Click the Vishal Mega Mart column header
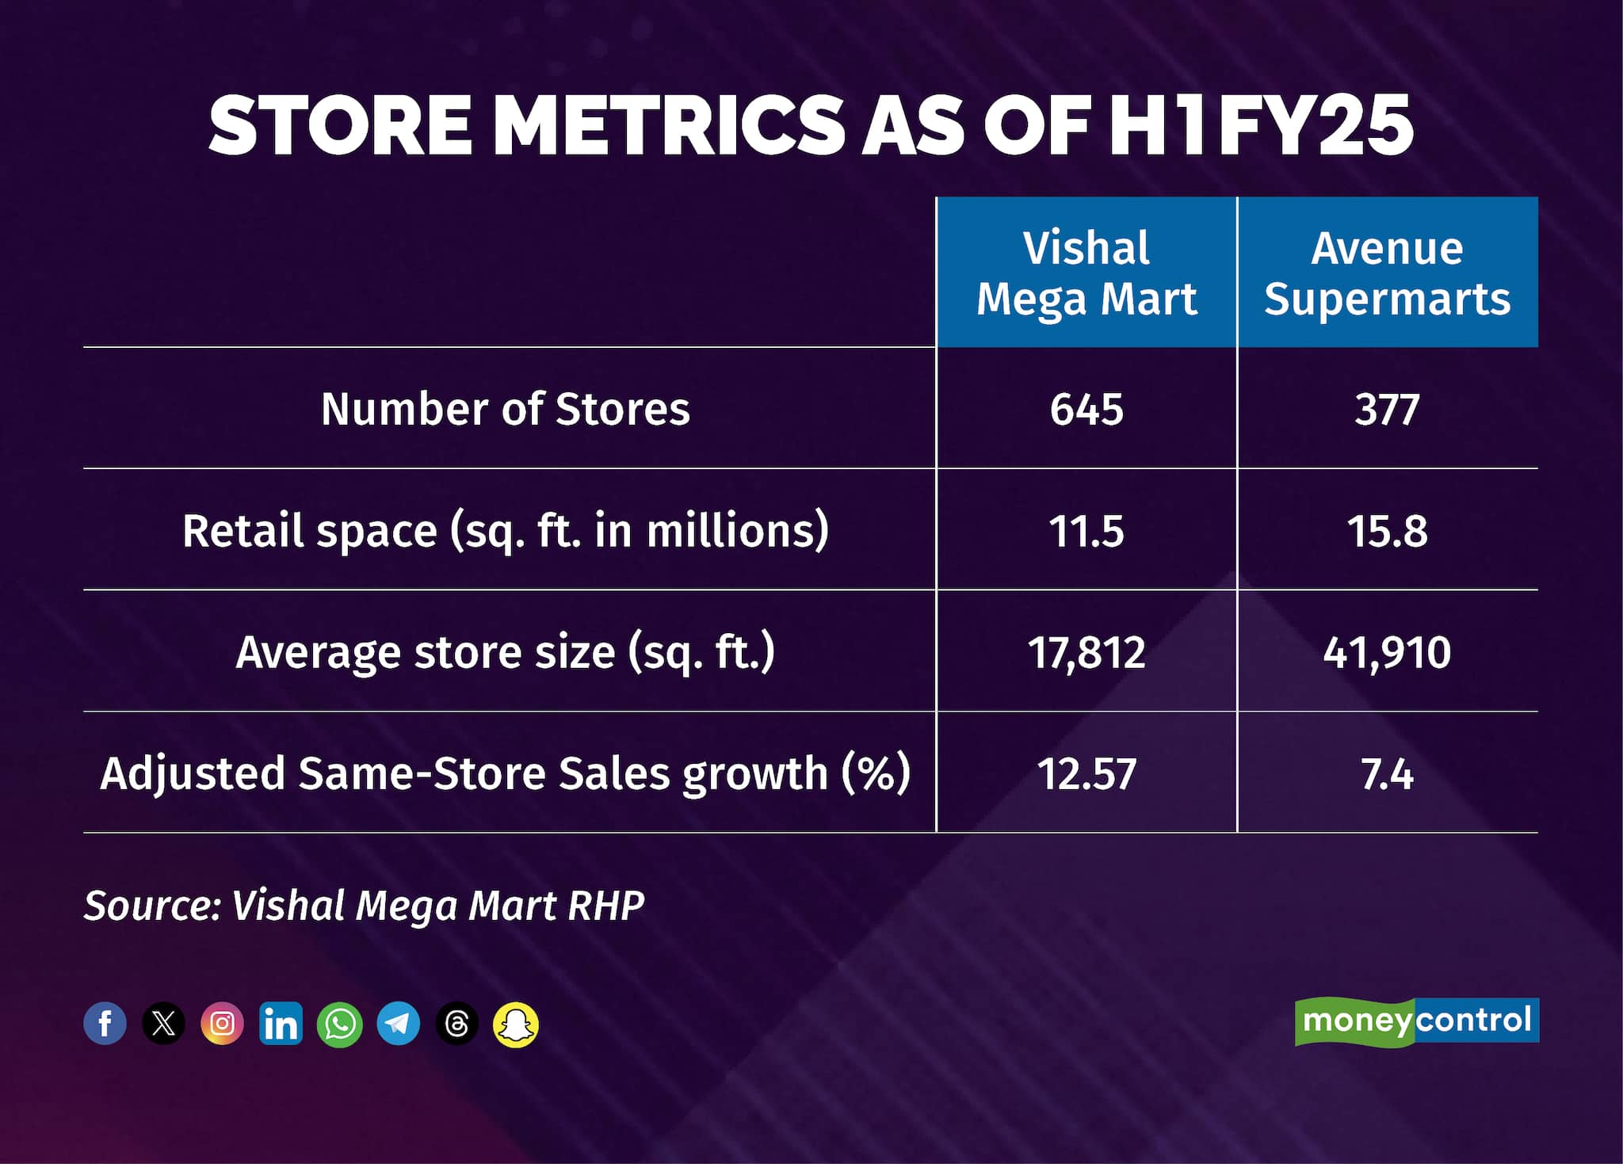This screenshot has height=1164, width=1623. click(x=1086, y=273)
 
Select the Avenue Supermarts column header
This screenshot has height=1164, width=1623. click(x=1387, y=273)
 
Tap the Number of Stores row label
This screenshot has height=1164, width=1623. click(x=506, y=409)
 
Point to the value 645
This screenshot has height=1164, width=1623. click(x=1086, y=410)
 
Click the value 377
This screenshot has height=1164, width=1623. click(x=1387, y=410)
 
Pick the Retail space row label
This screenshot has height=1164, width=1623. click(x=506, y=530)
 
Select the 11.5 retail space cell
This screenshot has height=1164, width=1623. click(x=1086, y=531)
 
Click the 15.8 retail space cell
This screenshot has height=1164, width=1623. click(x=1387, y=531)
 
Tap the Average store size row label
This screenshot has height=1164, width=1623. click(x=506, y=652)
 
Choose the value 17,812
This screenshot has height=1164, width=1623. click(x=1086, y=653)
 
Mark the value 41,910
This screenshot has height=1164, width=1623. click(x=1387, y=653)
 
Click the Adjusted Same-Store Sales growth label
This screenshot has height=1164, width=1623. click(x=506, y=773)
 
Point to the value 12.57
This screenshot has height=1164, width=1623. click(x=1086, y=774)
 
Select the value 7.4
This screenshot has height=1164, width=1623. click(x=1387, y=774)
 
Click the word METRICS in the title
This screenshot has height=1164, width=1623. click(x=670, y=125)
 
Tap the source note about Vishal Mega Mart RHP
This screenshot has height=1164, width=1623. click(x=365, y=905)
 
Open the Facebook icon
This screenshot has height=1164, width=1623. click(x=105, y=1023)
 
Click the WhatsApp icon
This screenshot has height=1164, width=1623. click(x=339, y=1024)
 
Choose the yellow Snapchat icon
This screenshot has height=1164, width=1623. click(x=516, y=1024)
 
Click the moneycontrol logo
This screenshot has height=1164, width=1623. click(x=1416, y=1021)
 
